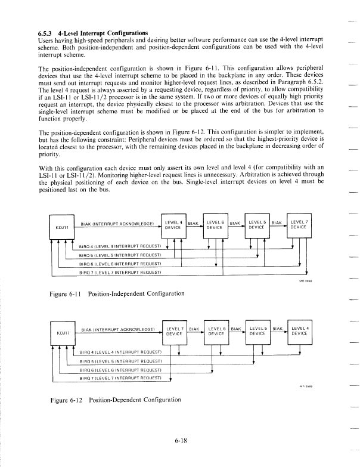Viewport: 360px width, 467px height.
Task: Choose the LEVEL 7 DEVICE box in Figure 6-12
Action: [x=174, y=332]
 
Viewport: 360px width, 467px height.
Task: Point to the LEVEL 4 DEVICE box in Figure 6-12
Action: [x=299, y=332]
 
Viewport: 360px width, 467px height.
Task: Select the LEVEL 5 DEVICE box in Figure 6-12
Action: [x=257, y=332]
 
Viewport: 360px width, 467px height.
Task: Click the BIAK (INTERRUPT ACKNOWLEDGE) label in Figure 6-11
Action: [x=118, y=224]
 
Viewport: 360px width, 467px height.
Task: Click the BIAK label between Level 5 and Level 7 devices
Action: [x=277, y=222]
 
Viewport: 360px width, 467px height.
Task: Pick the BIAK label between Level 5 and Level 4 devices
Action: [x=277, y=329]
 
